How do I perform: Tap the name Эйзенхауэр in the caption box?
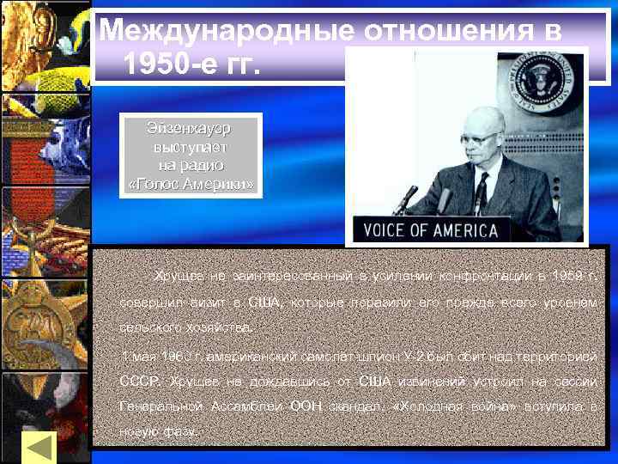click(x=189, y=128)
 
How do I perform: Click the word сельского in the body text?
click(x=145, y=327)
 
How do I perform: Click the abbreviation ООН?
click(x=304, y=406)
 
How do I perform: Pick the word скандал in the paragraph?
click(x=356, y=406)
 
